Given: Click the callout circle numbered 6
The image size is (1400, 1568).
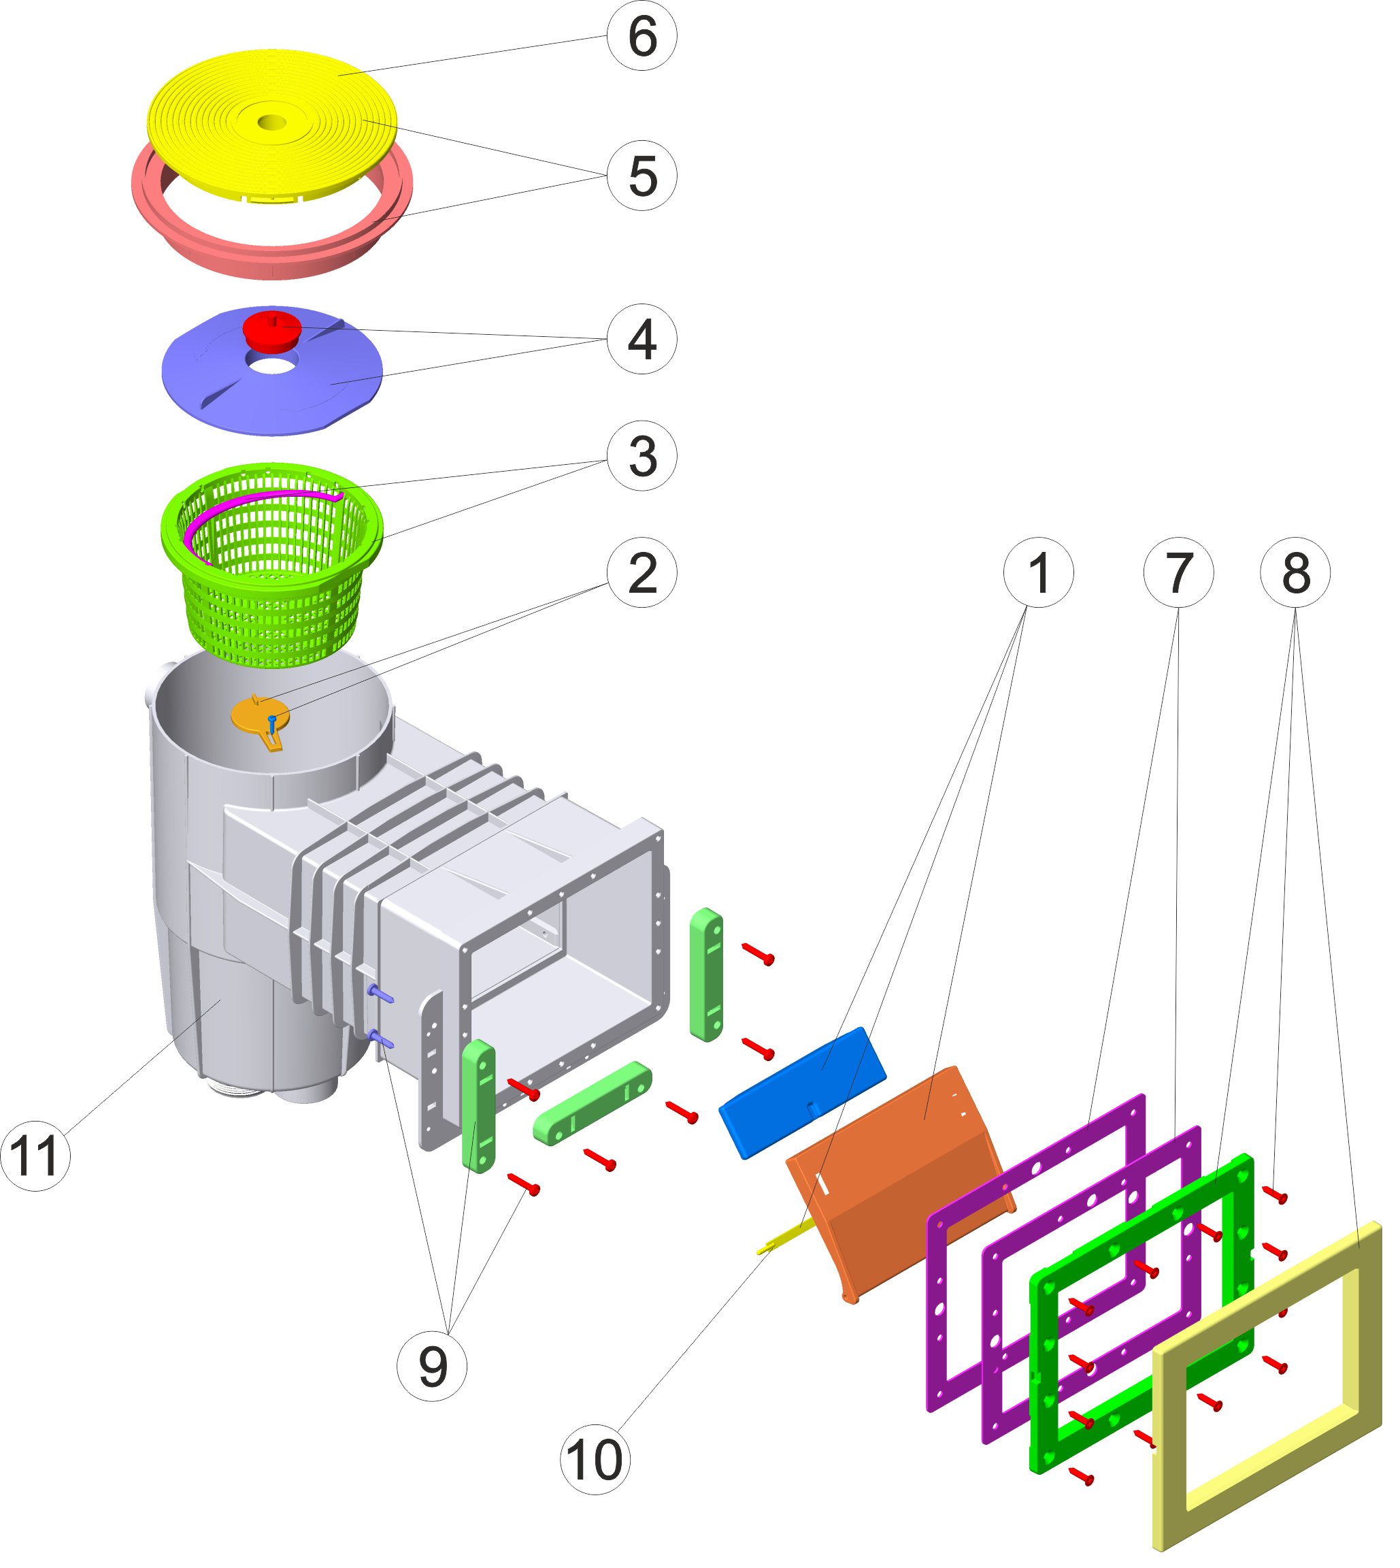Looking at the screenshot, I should [x=641, y=36].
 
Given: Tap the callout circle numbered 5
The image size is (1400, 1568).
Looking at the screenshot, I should [x=641, y=176].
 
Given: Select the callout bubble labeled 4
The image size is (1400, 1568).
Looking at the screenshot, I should [x=641, y=340].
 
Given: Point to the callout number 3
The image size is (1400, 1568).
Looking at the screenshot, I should [x=641, y=456].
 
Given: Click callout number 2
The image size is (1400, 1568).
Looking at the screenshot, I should [x=641, y=572].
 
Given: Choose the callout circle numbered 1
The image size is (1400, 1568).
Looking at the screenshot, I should [x=1039, y=572].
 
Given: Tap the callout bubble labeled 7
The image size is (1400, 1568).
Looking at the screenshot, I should [x=1178, y=572].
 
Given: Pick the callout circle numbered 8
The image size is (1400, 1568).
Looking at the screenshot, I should [x=1295, y=572].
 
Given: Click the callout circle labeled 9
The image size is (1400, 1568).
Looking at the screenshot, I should [x=431, y=1367].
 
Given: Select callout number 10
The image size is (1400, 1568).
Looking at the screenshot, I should [x=595, y=1460].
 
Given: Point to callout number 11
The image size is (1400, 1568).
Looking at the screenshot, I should [x=35, y=1156].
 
